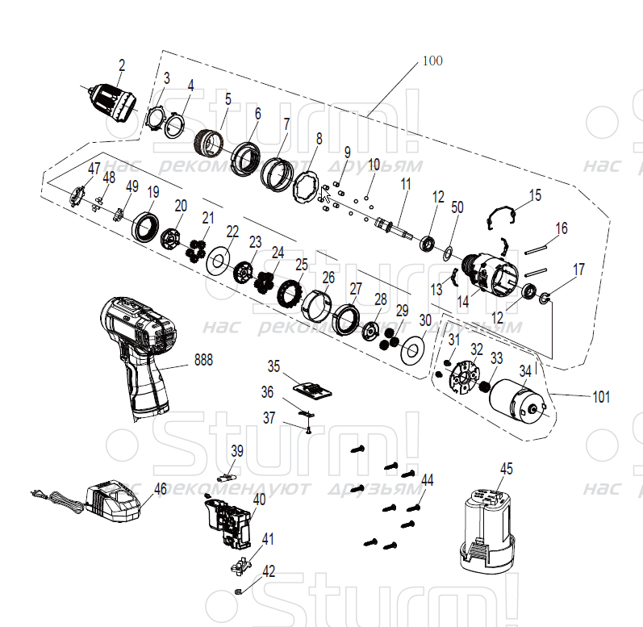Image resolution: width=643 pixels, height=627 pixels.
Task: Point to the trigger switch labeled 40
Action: point(229,521)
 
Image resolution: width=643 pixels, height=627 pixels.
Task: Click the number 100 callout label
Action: point(432,61)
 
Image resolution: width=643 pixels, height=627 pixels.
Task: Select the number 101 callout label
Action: point(601,397)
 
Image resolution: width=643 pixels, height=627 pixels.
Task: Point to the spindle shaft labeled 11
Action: point(395,228)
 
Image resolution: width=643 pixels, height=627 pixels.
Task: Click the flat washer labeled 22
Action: point(216,261)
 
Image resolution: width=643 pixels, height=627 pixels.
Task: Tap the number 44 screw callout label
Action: point(427,479)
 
